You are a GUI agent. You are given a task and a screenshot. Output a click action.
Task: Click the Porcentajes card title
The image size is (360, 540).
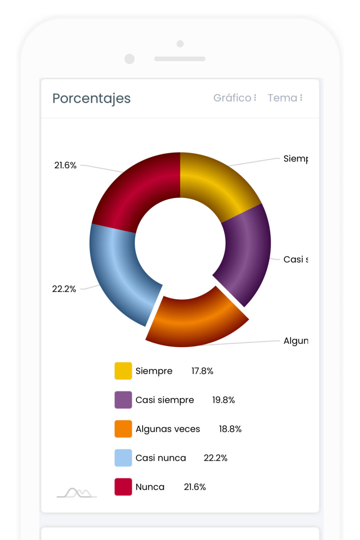pyautogui.click(x=91, y=98)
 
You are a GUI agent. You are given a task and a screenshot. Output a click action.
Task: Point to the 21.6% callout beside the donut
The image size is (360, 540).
pyautogui.click(x=66, y=165)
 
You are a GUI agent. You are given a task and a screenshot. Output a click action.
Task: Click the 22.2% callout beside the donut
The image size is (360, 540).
pyautogui.click(x=64, y=289)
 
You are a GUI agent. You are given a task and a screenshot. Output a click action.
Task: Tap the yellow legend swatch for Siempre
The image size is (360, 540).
pyautogui.click(x=123, y=371)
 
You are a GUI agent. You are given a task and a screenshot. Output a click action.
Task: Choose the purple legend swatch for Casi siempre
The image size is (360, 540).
pyautogui.click(x=123, y=400)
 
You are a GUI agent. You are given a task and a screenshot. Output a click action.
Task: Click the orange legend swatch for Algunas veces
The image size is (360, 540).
pyautogui.click(x=123, y=429)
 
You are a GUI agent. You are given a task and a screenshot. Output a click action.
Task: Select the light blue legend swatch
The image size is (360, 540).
pyautogui.click(x=123, y=458)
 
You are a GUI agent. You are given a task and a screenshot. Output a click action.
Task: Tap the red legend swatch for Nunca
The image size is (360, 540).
pyautogui.click(x=123, y=487)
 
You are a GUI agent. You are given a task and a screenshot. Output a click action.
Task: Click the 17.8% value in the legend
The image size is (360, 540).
pyautogui.click(x=202, y=371)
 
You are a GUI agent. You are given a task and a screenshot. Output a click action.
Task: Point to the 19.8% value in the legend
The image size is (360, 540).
pyautogui.click(x=223, y=400)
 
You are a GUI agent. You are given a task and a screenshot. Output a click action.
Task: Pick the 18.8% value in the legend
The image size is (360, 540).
pyautogui.click(x=230, y=429)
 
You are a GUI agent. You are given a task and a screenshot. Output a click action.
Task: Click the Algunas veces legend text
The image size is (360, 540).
pyautogui.click(x=168, y=429)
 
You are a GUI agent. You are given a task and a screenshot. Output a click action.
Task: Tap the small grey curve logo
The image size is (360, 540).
pyautogui.click(x=77, y=493)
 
